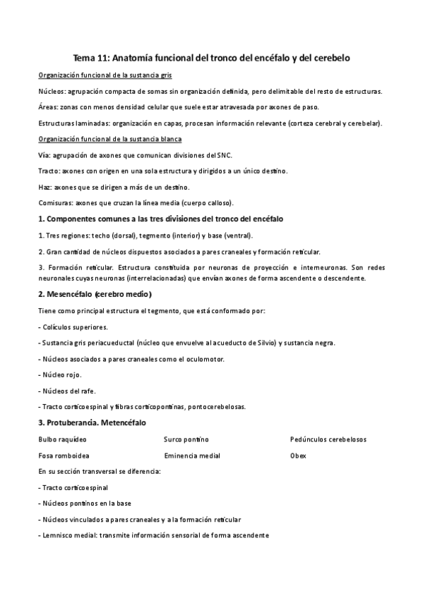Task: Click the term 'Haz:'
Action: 46,186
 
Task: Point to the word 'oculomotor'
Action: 205,359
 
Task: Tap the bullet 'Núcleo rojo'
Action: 62,375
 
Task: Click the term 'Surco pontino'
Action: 186,439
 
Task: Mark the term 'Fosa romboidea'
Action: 64,456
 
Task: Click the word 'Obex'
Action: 297,456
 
